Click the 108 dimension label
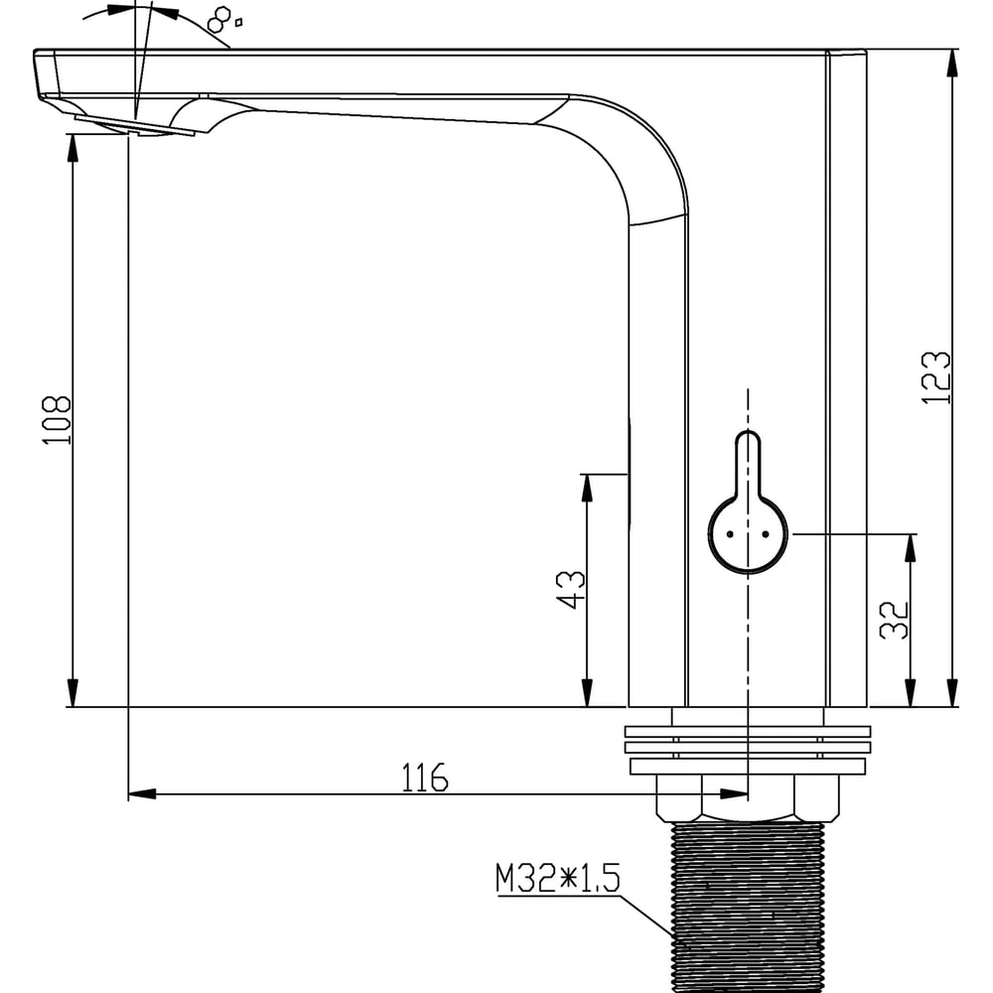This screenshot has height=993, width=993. click(x=57, y=420)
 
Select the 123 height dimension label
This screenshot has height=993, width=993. click(x=935, y=377)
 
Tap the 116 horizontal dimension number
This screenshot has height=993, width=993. click(x=425, y=778)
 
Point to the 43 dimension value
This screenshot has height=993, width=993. click(x=571, y=590)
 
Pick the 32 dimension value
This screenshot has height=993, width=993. click(x=895, y=620)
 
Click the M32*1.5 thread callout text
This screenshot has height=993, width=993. click(x=558, y=878)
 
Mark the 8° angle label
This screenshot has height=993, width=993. click(x=224, y=20)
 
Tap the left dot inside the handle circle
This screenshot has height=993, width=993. click(x=730, y=534)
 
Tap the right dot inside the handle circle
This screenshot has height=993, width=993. click(x=766, y=534)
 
